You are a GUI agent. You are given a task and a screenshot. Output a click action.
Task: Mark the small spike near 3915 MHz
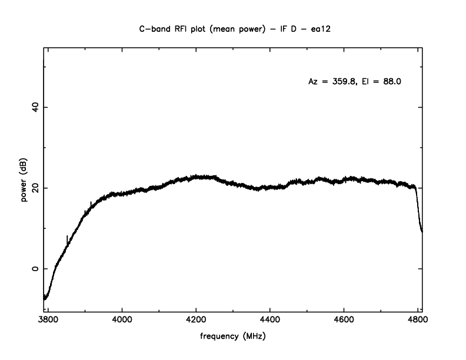coord(91,204)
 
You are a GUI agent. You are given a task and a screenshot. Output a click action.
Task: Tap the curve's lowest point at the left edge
coord(44,299)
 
